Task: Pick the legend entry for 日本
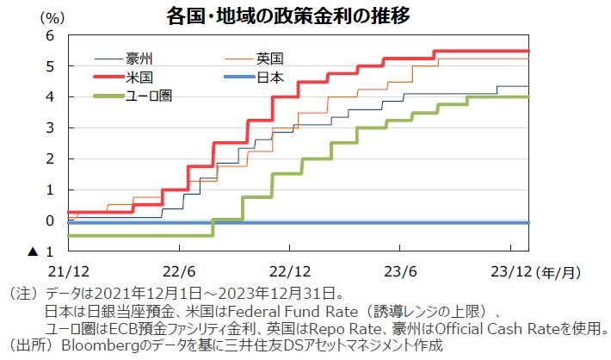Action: (269, 78)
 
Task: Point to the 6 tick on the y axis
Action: (50, 35)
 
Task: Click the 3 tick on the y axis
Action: (50, 127)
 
